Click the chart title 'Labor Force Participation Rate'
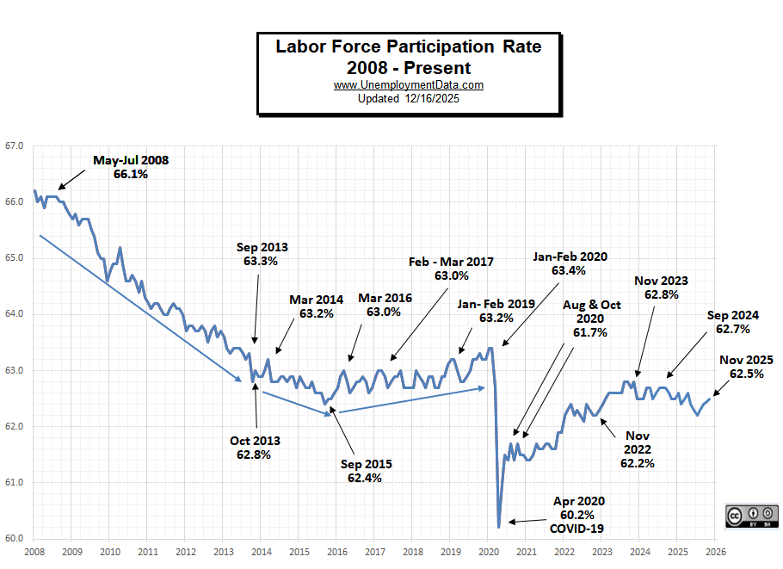click(408, 46)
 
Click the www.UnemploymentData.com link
click(408, 85)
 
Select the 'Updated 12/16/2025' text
click(408, 98)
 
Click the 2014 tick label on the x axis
click(261, 552)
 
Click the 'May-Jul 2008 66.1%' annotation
click(131, 167)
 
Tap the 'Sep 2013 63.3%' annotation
click(262, 254)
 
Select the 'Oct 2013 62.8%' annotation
click(255, 448)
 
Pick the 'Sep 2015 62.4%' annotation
click(367, 471)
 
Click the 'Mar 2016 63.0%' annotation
click(385, 306)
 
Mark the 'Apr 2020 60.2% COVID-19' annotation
click(580, 514)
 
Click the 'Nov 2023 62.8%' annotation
click(661, 288)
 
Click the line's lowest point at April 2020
click(499, 527)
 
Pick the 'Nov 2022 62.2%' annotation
click(637, 449)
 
